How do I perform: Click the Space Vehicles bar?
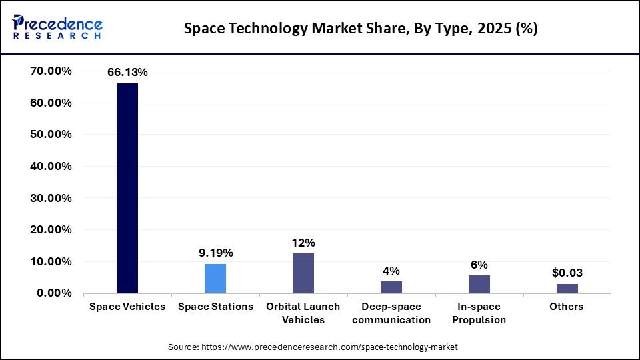(127, 188)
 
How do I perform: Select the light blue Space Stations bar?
(215, 279)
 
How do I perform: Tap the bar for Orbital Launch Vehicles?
(303, 273)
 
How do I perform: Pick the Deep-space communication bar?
(391, 287)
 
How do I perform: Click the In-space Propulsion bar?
(479, 284)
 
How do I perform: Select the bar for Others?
(567, 288)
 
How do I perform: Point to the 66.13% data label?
(127, 73)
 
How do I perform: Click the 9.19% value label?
(215, 253)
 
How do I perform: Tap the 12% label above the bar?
(303, 243)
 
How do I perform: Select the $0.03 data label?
(567, 273)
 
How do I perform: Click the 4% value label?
(391, 270)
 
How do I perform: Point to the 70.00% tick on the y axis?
(51, 71)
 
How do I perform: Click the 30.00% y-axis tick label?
(51, 198)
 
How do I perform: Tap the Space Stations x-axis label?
(215, 307)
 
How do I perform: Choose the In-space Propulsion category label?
(479, 313)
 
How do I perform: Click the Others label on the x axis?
(567, 307)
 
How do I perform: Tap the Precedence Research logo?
(57, 27)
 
